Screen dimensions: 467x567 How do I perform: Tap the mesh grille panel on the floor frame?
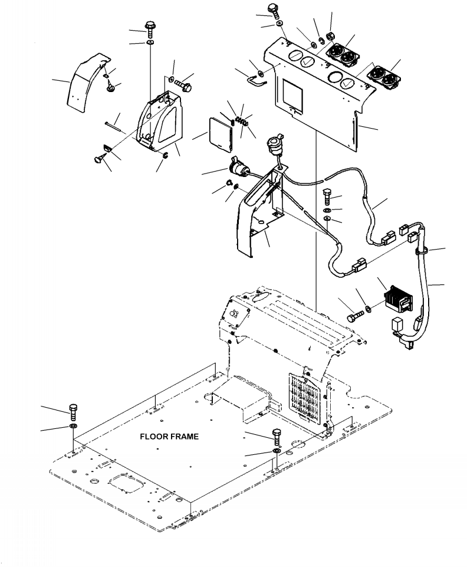(304, 398)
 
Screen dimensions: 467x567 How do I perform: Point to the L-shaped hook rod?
(256, 80)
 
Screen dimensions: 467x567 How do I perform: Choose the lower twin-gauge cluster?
(383, 77)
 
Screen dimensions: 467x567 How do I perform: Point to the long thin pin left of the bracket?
(114, 127)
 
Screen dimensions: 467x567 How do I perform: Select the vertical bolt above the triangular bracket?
(150, 29)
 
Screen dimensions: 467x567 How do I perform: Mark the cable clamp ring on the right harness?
(422, 250)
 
